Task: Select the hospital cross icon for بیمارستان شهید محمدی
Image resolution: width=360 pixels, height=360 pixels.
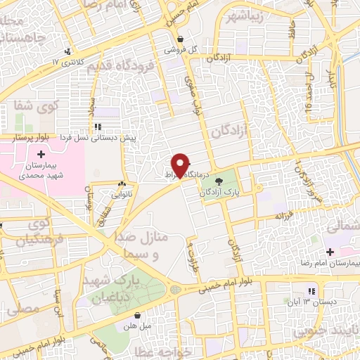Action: click(x=41, y=153)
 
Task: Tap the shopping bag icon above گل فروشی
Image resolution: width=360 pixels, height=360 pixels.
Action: click(x=181, y=39)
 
